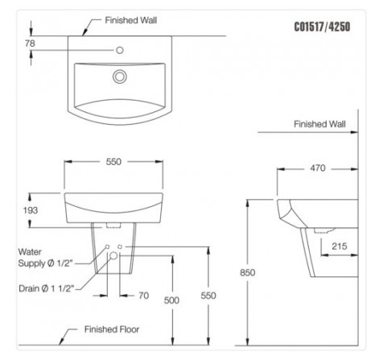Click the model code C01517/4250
322,27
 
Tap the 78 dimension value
30,43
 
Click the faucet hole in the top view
120,50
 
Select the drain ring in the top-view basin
120,77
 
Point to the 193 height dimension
31,210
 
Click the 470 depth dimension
318,168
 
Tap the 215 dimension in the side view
340,246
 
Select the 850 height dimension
247,272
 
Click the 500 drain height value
171,300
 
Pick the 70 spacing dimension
144,296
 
